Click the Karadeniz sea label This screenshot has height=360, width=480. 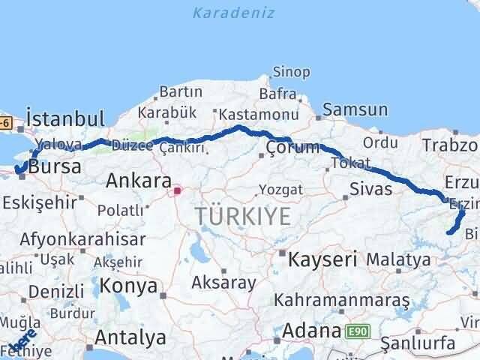pyautogui.click(x=233, y=13)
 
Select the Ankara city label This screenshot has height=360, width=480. pyautogui.click(x=138, y=181)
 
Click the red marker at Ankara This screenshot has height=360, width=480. pyautogui.click(x=177, y=190)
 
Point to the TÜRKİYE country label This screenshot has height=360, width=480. pyautogui.click(x=242, y=217)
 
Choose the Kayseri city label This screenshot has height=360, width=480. pyautogui.click(x=323, y=259)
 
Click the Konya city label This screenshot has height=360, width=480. pyautogui.click(x=130, y=286)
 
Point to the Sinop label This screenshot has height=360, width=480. pyautogui.click(x=291, y=72)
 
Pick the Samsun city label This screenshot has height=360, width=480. pyautogui.click(x=356, y=110)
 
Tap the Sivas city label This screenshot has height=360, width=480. pyautogui.click(x=370, y=189)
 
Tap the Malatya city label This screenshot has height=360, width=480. pyautogui.click(x=399, y=260)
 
